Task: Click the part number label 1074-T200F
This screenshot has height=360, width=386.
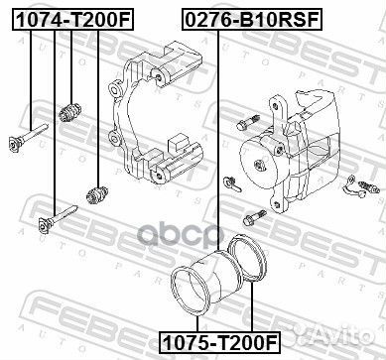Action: (x=72, y=20)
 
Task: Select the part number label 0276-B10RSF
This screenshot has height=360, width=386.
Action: (x=252, y=20)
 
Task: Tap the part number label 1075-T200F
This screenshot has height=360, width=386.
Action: (x=220, y=342)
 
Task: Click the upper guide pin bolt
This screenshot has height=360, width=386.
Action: (x=29, y=137)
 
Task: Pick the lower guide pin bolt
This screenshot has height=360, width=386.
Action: (x=58, y=218)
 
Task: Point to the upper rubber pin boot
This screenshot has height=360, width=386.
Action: (x=70, y=112)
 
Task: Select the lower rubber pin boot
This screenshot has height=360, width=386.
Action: (x=97, y=194)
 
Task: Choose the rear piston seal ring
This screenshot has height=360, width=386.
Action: (x=248, y=258)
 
